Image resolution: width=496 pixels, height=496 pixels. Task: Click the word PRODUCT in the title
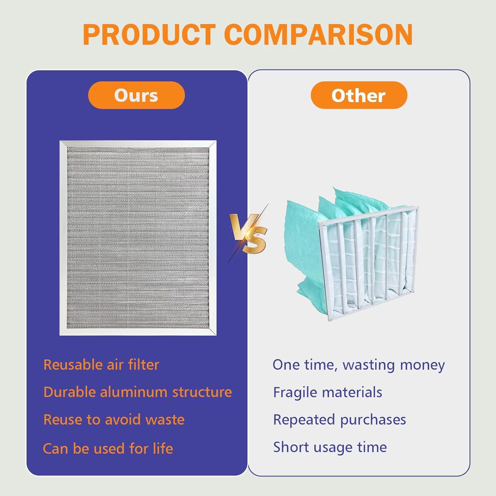[x=149, y=34]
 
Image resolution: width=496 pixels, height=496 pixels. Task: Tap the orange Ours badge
[x=136, y=95]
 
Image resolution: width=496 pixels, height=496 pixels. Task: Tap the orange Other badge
[x=359, y=95]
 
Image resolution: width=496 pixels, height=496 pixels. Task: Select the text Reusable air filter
[x=101, y=365]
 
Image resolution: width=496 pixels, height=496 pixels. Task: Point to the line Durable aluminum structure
[x=138, y=392]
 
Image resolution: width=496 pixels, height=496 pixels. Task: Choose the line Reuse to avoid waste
[x=114, y=420]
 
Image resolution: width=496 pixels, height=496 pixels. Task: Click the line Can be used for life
[x=108, y=449]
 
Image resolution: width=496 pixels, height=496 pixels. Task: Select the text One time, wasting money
[x=359, y=365]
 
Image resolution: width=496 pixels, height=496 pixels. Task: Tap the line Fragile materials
[x=328, y=393]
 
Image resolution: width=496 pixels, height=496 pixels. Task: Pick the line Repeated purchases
[x=340, y=420]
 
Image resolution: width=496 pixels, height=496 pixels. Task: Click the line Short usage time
[x=330, y=447]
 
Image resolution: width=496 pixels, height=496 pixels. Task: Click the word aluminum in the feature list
[x=134, y=392]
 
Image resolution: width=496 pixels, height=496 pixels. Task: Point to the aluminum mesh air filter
[x=138, y=238]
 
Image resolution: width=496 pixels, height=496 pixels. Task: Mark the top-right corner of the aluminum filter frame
[x=216, y=141]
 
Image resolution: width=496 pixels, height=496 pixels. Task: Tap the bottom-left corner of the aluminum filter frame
[x=60, y=335]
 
